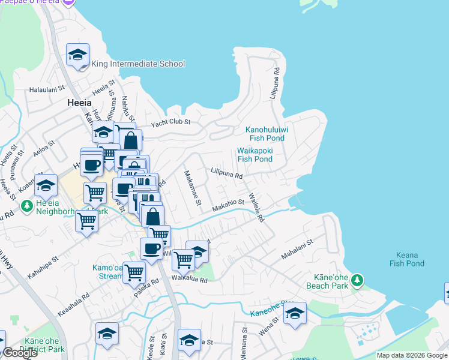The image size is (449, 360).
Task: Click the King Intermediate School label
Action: point(138,64)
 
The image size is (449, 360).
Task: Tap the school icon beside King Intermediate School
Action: point(77,56)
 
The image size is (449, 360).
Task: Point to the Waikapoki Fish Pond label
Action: point(255,155)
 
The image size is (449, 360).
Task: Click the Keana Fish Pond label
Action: point(406,259)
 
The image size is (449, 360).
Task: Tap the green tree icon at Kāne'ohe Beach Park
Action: point(357,280)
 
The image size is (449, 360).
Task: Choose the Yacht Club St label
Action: point(170,122)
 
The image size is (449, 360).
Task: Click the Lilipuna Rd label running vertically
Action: point(275,83)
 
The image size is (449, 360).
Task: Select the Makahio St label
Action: point(228,205)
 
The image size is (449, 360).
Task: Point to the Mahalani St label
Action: point(298,250)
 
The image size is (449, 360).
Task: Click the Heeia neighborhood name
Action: point(78,103)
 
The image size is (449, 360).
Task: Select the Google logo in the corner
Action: point(20,353)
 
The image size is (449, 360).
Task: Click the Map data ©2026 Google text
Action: point(412,355)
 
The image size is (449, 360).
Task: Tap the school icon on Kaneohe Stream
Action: point(295,313)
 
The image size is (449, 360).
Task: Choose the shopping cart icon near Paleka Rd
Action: point(134,272)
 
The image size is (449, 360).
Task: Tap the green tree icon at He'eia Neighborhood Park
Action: point(26,206)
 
